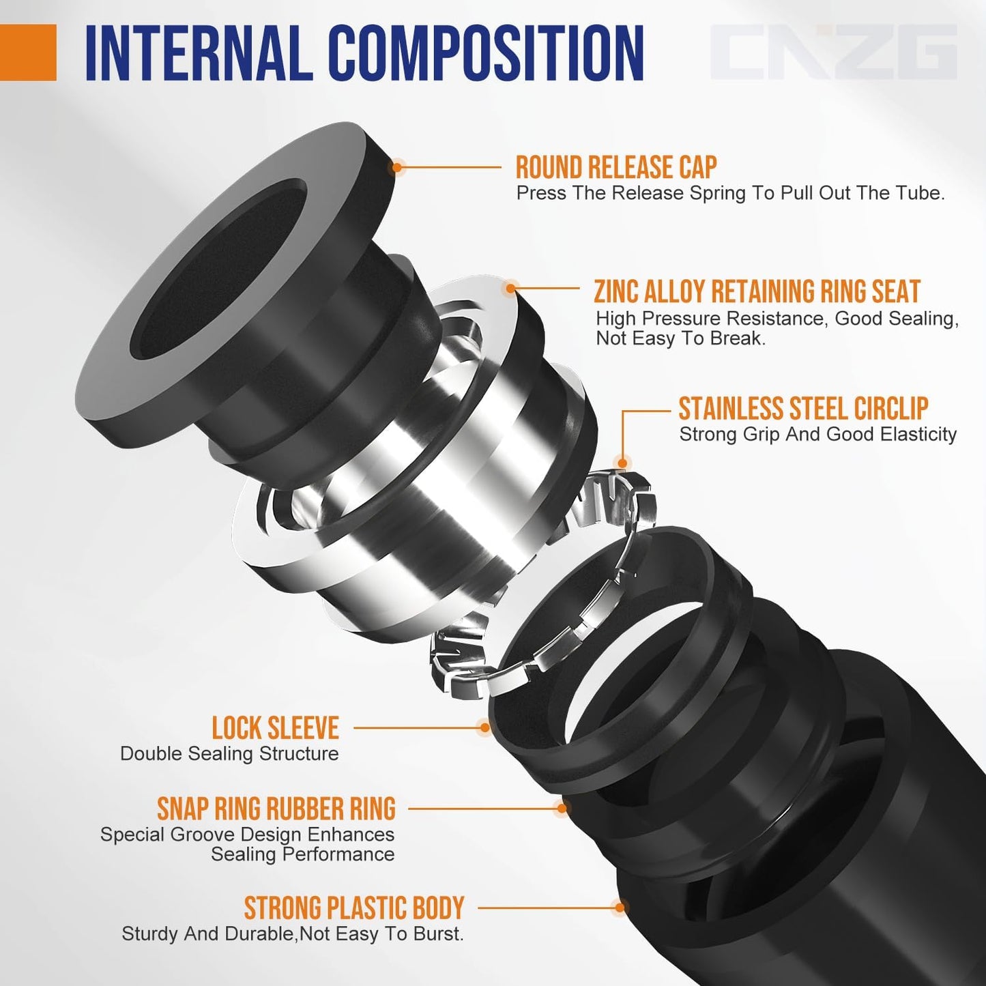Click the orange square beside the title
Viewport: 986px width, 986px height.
28,53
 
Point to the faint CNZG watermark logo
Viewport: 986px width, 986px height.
833,53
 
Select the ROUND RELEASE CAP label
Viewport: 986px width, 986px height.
615,167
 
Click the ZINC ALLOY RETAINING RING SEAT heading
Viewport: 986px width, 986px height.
757,291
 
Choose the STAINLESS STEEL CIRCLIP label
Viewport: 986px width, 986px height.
802,409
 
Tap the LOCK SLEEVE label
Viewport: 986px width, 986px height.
275,728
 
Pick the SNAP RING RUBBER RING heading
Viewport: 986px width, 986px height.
276,809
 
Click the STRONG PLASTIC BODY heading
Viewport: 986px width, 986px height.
353,908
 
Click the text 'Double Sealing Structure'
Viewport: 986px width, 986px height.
229,754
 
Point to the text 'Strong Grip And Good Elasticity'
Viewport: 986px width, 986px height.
817,435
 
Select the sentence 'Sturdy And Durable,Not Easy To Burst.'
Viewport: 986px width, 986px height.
292,934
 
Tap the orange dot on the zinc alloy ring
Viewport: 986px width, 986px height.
510,289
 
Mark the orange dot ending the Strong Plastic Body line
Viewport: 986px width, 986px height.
619,908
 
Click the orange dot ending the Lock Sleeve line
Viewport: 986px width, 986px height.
484,727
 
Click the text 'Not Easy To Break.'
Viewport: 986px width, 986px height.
680,338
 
